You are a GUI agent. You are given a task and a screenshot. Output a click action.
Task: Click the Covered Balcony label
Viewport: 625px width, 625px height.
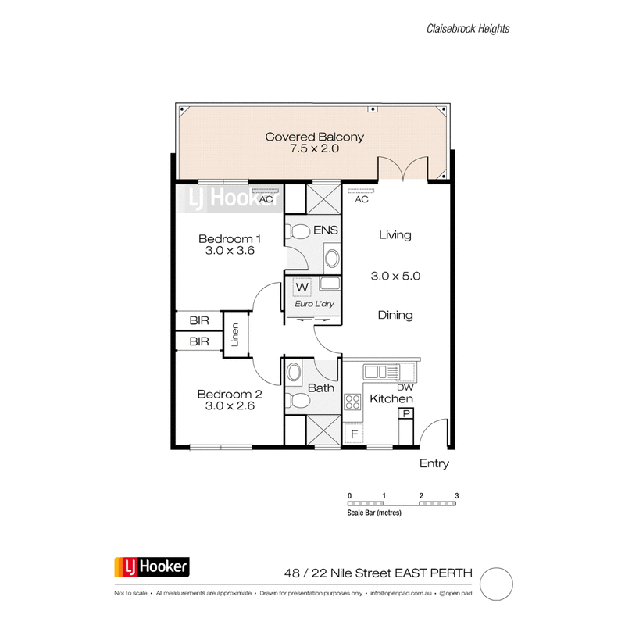(314, 137)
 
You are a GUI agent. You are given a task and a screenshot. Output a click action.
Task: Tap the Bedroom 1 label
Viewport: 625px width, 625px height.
(229, 238)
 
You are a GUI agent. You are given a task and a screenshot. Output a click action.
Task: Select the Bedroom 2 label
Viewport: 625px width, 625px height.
(229, 395)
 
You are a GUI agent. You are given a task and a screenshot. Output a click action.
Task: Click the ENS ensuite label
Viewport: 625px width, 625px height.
(324, 231)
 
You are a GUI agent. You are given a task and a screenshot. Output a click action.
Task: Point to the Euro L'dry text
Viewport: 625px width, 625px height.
(312, 303)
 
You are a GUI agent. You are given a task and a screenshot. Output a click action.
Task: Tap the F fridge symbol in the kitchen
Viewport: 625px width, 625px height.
(354, 432)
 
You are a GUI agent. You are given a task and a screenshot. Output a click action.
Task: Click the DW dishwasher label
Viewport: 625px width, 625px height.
(405, 387)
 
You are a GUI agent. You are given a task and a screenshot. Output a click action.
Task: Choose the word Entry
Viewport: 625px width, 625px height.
(434, 463)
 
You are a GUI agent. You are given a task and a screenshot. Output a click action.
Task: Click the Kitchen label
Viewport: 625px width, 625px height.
(391, 399)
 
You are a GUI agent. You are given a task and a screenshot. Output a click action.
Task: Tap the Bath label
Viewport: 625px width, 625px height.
(321, 387)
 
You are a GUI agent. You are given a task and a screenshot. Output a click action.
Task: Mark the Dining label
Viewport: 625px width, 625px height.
(395, 316)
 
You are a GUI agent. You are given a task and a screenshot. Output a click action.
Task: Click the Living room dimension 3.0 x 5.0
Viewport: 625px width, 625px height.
(395, 276)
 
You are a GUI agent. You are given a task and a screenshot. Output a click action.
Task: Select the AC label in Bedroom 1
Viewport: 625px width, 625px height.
(266, 199)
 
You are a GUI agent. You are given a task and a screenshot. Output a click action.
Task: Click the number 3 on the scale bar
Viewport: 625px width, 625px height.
(455, 496)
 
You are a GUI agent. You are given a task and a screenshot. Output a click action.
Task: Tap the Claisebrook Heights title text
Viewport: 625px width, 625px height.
(468, 29)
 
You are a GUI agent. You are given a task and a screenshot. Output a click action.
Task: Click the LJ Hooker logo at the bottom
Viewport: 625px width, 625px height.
(152, 566)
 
